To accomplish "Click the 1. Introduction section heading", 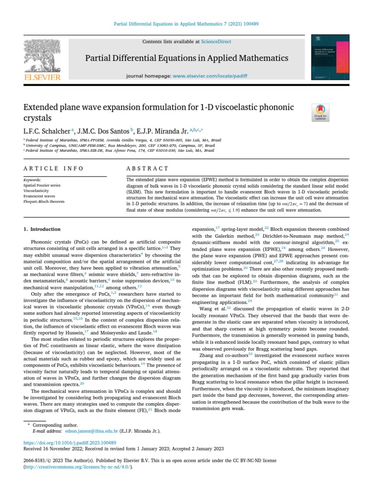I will (42, 229).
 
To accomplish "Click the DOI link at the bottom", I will (70, 443).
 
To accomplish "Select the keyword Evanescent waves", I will (40, 196).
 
